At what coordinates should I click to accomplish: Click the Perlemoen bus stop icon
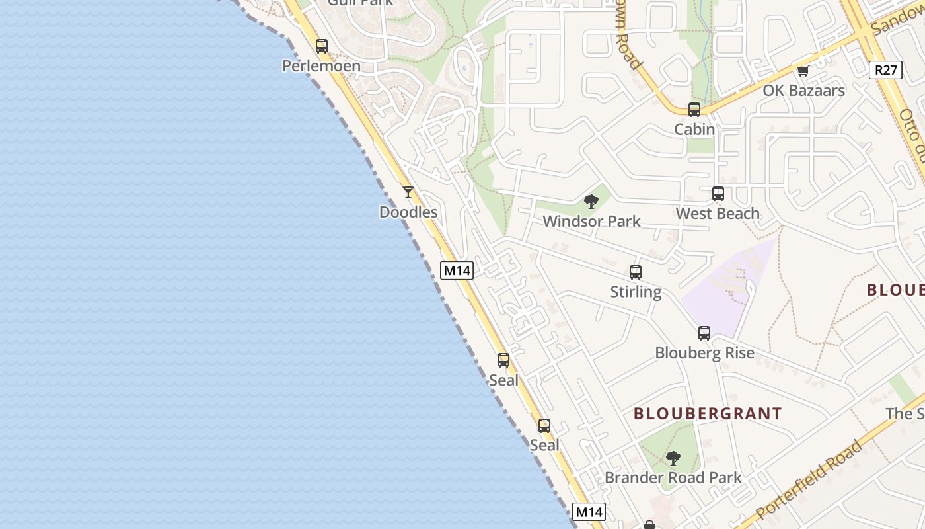[322, 46]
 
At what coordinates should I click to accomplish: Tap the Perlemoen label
[322, 66]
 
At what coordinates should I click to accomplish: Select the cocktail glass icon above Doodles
[408, 192]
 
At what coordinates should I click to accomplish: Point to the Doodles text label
[408, 212]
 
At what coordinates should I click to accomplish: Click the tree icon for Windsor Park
[591, 202]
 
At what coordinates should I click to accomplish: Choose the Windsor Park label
[591, 222]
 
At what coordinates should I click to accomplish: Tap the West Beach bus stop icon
[718, 194]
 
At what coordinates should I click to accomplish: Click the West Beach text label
[718, 214]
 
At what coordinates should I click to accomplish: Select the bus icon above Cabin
[694, 110]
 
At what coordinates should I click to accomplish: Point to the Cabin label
[694, 130]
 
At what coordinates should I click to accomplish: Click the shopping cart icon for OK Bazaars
[803, 71]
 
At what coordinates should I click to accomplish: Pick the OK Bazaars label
[803, 91]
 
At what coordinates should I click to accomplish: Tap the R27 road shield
[885, 70]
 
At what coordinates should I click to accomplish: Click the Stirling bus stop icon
[636, 272]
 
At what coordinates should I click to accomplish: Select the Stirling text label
[636, 292]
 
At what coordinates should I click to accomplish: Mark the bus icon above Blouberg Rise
[704, 333]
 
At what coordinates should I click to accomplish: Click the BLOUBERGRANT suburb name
[708, 414]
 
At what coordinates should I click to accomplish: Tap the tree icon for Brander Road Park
[673, 458]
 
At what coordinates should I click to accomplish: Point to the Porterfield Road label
[809, 480]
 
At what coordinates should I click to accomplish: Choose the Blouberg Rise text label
[704, 353]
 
